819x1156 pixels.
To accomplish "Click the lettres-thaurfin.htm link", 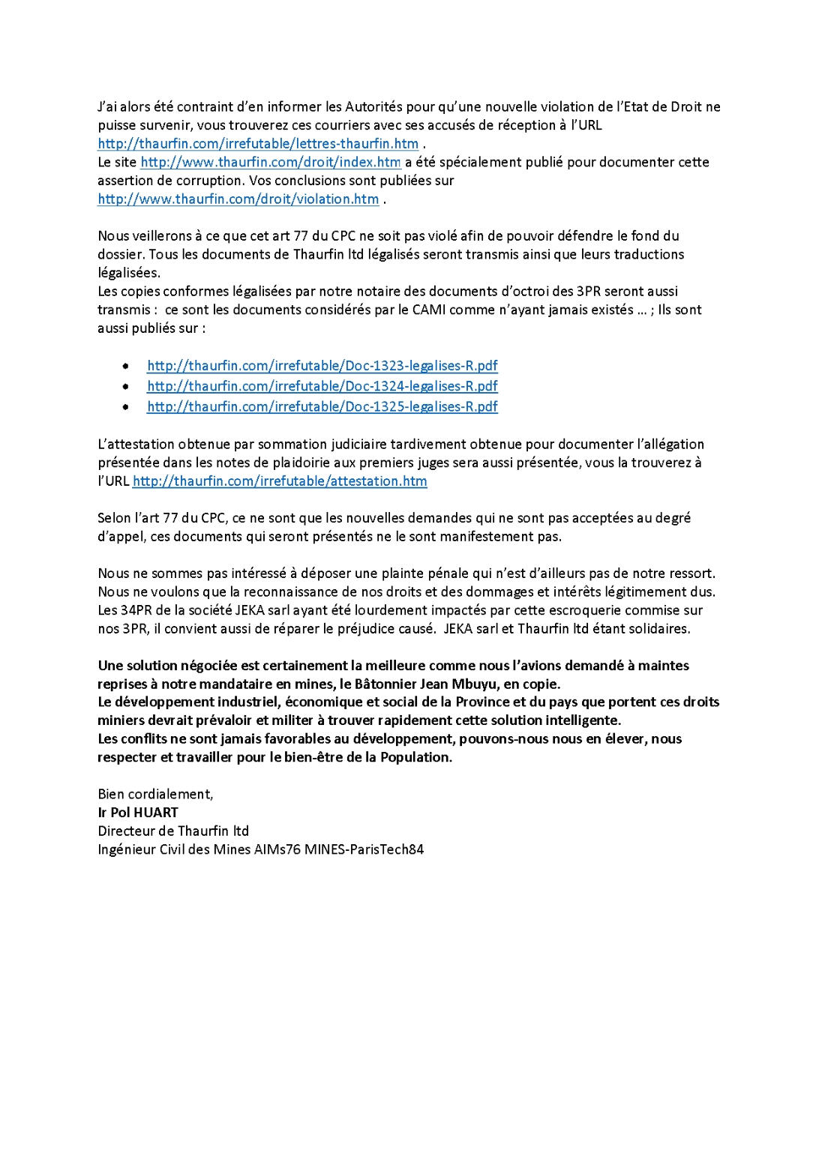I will (258, 144).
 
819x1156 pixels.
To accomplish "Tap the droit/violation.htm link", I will (238, 199).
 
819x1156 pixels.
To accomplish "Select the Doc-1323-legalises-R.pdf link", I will (322, 366).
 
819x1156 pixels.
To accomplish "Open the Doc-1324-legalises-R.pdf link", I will (322, 386).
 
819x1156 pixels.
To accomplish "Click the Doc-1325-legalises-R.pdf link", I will (322, 406).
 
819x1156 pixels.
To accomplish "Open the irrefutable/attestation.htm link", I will (280, 481).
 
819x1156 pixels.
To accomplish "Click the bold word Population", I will (415, 757).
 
